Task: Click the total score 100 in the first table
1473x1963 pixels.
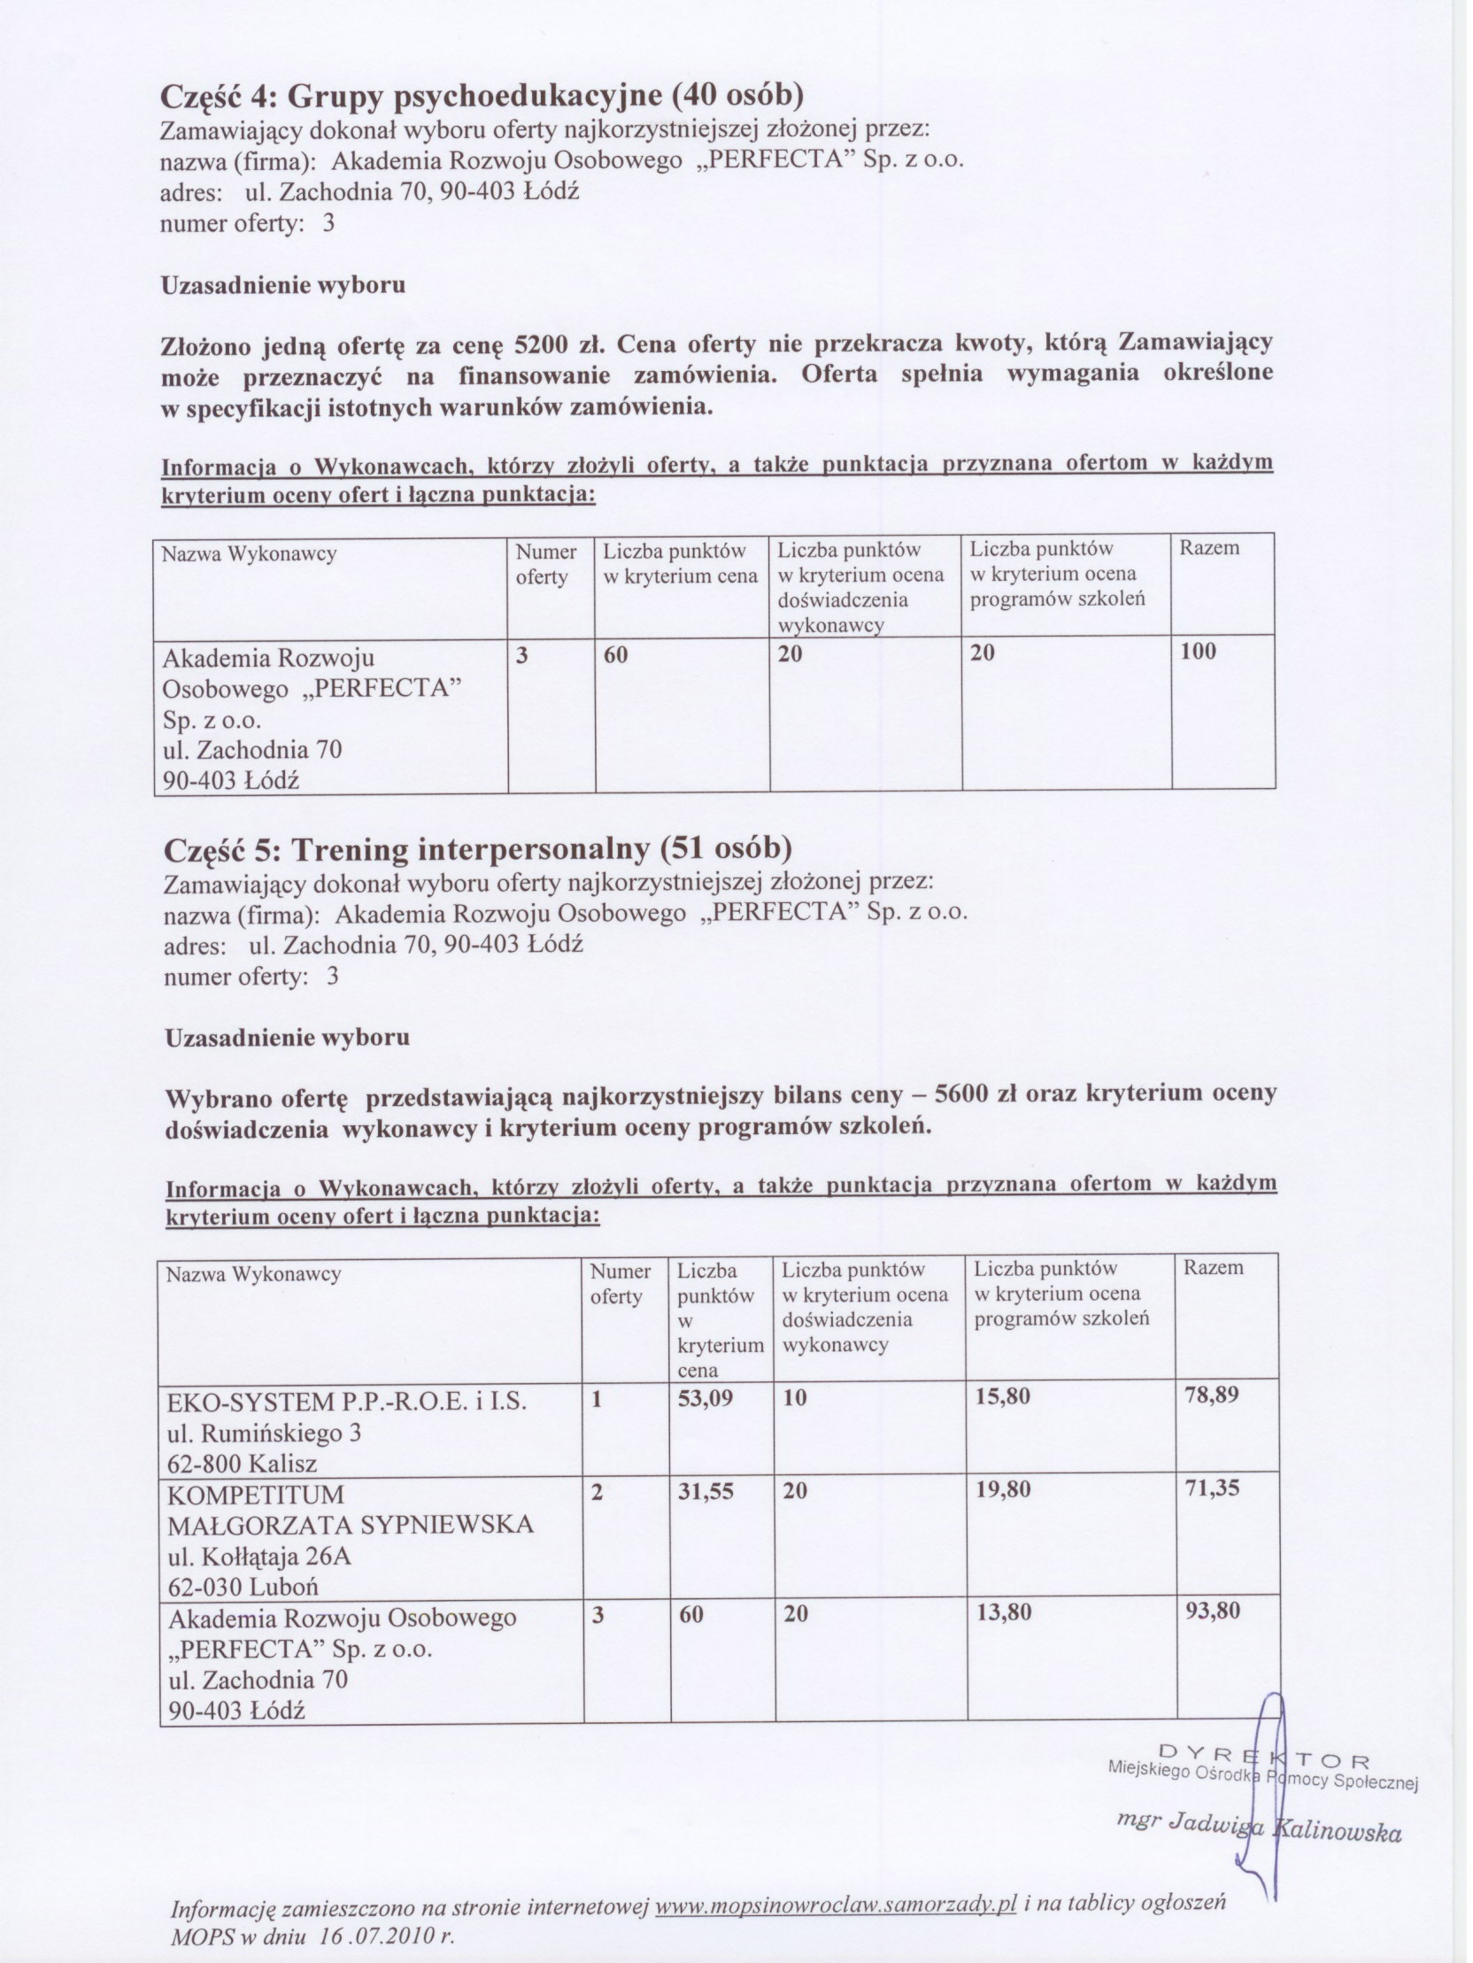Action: coord(1198,653)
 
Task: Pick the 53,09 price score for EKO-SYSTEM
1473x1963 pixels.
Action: coord(706,1398)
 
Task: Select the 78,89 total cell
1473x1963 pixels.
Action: coord(1212,1395)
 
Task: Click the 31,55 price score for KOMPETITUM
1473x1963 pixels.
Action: coord(706,1491)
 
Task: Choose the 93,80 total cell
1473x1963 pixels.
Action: coord(1213,1611)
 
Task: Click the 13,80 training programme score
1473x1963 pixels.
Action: coord(1004,1611)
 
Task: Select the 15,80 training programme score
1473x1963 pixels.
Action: coord(1004,1397)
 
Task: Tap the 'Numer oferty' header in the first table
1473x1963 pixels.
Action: coord(546,564)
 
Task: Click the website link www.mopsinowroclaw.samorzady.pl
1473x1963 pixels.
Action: coord(834,1905)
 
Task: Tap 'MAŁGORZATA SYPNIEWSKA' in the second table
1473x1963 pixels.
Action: coord(351,1526)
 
